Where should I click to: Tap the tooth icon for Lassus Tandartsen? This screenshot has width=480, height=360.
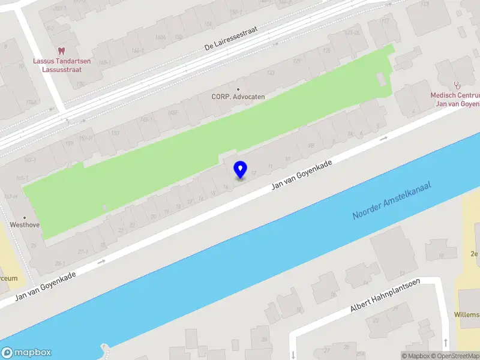click(61, 52)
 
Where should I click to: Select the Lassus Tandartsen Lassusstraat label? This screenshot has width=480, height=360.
click(58, 65)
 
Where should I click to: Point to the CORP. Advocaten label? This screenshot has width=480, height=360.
click(238, 97)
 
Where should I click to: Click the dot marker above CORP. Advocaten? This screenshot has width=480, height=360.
click(238, 88)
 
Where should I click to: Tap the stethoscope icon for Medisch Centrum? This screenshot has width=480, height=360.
click(457, 85)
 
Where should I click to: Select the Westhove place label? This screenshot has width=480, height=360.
click(25, 226)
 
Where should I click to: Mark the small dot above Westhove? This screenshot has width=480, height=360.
click(25, 217)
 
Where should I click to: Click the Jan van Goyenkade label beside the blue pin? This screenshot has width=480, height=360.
click(302, 175)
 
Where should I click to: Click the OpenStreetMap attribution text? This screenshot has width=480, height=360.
click(455, 356)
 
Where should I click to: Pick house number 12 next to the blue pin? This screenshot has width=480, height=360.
click(254, 173)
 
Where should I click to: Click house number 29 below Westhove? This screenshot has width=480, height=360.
click(34, 245)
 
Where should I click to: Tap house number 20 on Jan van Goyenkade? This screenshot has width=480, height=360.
click(154, 216)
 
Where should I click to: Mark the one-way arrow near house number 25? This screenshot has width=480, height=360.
click(101, 261)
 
